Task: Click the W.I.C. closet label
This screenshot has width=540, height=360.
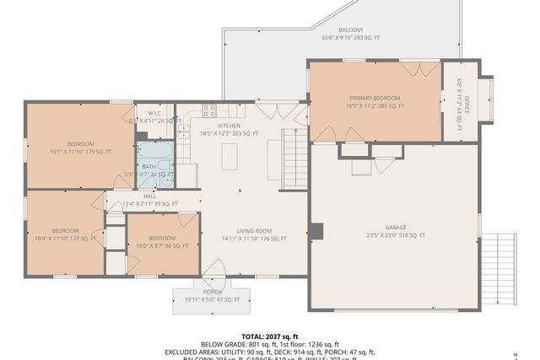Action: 154,113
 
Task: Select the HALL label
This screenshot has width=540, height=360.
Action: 149,196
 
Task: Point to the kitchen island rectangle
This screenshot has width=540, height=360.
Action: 229,156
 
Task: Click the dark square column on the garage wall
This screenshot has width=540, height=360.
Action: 316,231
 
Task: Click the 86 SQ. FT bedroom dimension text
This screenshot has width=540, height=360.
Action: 162,246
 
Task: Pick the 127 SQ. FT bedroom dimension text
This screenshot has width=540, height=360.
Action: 66,239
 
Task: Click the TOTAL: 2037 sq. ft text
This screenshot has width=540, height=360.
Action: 270,336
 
